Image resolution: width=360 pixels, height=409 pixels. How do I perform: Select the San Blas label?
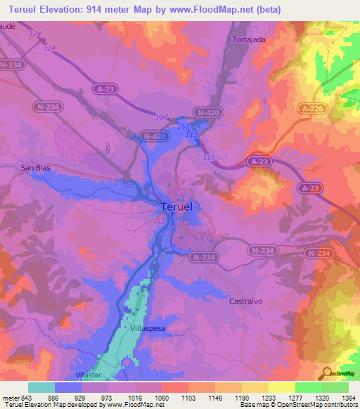(37, 168)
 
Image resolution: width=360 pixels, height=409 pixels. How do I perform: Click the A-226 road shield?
(313, 108)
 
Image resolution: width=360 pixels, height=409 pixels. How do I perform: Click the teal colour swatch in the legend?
(41, 387)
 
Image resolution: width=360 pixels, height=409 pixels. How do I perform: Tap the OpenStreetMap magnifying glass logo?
(325, 373)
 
